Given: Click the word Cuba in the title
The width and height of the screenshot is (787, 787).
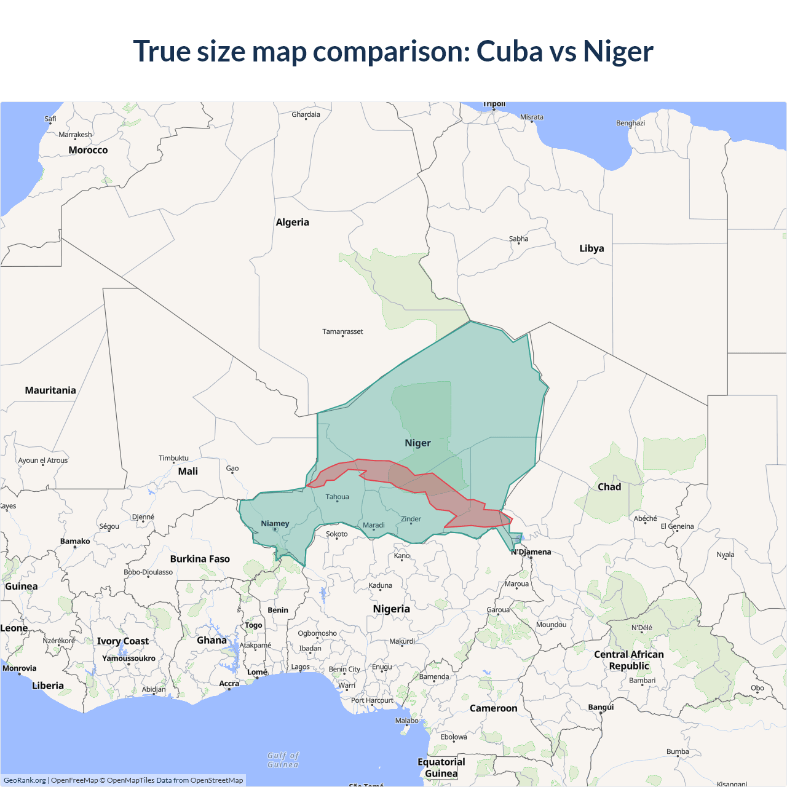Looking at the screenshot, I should (x=509, y=51).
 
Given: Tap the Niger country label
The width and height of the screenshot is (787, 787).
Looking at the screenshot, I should (x=417, y=443).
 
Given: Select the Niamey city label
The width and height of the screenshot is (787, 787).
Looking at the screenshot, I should (x=275, y=523).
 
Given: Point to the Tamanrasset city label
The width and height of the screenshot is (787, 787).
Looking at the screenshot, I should (x=342, y=331).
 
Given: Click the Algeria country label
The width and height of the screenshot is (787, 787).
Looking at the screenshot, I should (x=292, y=222).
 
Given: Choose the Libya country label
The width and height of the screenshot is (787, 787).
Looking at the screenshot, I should (x=591, y=248).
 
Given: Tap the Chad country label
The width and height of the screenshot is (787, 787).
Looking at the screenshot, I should (x=609, y=486).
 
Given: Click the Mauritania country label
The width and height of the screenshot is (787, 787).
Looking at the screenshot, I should (x=50, y=390).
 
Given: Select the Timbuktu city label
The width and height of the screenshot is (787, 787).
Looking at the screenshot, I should (x=173, y=458).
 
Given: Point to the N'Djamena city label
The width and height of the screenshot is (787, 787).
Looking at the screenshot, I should (x=531, y=552).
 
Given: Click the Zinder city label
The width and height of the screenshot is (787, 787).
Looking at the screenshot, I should (x=411, y=519).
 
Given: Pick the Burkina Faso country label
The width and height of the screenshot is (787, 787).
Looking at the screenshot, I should (x=200, y=559).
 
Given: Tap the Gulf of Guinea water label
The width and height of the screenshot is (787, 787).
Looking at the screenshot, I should (x=283, y=760).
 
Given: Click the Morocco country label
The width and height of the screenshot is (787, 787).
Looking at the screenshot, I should (x=88, y=150).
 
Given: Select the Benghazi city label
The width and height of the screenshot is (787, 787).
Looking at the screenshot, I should (x=630, y=123).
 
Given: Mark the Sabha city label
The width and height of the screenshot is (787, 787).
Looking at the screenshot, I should (x=518, y=239).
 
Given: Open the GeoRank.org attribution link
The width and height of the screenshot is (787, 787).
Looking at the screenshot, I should (x=25, y=780).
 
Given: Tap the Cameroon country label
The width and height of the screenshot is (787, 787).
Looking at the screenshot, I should (x=493, y=708).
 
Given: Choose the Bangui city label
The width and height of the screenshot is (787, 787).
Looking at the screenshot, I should (x=601, y=707).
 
